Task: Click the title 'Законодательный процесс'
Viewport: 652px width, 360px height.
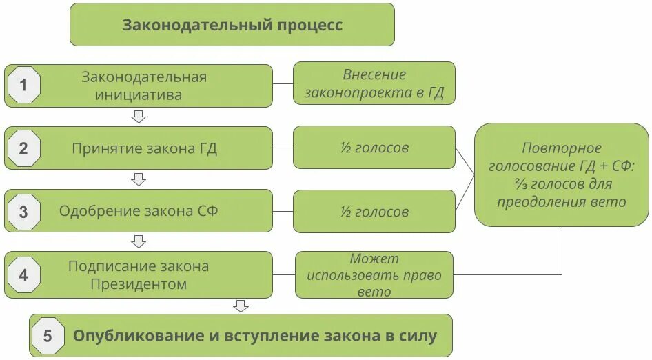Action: pyautogui.click(x=232, y=25)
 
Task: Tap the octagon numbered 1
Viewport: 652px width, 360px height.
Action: pyautogui.click(x=23, y=86)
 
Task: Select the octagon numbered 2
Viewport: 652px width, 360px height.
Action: pyautogui.click(x=23, y=148)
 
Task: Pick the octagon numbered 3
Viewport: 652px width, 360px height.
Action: pyautogui.click(x=23, y=212)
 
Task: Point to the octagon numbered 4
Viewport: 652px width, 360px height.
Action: pyautogui.click(x=23, y=275)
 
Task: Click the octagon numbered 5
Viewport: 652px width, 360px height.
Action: pyautogui.click(x=48, y=336)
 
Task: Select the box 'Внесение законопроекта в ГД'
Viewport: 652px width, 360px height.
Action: pyautogui.click(x=374, y=83)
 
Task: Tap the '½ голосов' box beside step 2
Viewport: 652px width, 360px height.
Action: pyautogui.click(x=374, y=148)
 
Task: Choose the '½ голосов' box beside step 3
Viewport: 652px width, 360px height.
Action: pyautogui.click(x=374, y=211)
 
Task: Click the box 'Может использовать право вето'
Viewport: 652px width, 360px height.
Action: pyautogui.click(x=374, y=275)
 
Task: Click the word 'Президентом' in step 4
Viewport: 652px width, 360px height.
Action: pyautogui.click(x=139, y=284)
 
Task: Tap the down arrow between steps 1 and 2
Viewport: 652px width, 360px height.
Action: pyautogui.click(x=139, y=117)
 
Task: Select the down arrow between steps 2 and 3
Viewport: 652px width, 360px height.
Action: pyautogui.click(x=139, y=179)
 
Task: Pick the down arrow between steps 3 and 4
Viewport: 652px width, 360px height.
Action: pyautogui.click(x=139, y=241)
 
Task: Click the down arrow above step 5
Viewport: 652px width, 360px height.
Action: pyautogui.click(x=241, y=306)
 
